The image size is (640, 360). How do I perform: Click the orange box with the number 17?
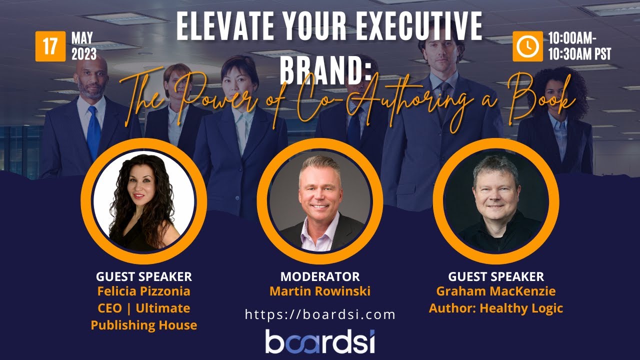click(50, 46)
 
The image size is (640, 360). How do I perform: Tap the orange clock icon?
click(527, 46)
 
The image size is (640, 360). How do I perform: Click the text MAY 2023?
click(84, 46)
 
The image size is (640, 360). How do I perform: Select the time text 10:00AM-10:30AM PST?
click(579, 46)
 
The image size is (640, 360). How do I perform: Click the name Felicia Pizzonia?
click(144, 291)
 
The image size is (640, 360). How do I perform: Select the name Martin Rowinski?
click(320, 291)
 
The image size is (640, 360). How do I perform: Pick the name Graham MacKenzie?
click(496, 291)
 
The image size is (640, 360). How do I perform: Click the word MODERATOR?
click(320, 276)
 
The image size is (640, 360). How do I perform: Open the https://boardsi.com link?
click(320, 314)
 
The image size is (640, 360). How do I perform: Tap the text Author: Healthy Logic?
click(496, 308)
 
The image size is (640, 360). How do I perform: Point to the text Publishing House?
click(144, 325)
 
